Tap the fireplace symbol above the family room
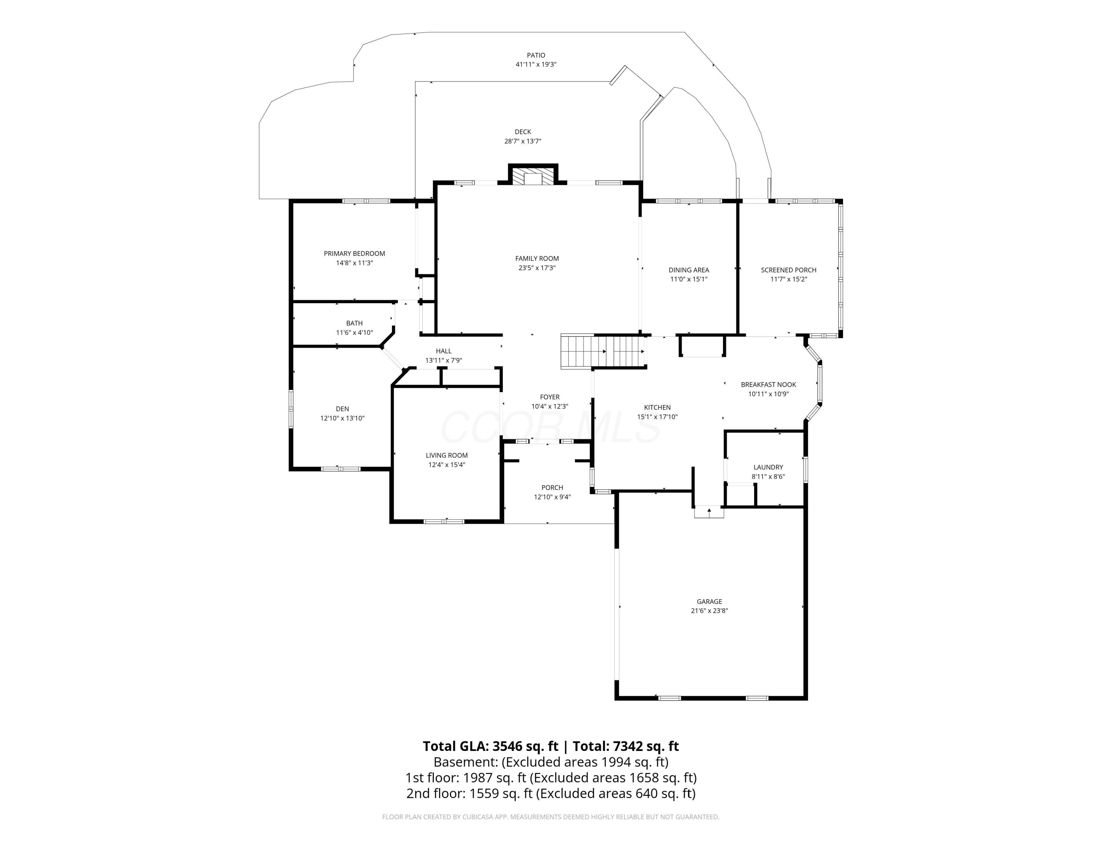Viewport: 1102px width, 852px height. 533,177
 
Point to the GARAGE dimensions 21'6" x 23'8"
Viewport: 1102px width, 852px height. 709,611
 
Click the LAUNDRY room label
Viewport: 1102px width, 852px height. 768,468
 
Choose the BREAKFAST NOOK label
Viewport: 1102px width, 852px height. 768,384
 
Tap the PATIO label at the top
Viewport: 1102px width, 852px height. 536,55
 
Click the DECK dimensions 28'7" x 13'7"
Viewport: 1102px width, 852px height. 523,142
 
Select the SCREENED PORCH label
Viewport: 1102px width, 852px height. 788,270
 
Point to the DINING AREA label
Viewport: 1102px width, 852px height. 688,270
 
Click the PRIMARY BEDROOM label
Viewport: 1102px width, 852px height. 354,253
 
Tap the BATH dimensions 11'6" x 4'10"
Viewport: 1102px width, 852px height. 354,333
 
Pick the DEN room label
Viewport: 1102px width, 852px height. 342,409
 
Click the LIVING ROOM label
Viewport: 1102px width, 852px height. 447,455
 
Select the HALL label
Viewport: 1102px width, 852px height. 443,351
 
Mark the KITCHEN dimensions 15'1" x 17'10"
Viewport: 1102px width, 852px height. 657,417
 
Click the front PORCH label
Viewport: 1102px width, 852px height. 552,488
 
